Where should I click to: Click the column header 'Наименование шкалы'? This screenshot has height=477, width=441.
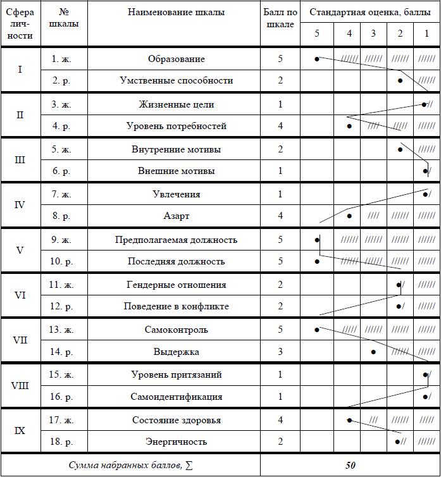(x=176, y=12)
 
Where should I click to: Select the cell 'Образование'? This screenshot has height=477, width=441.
(x=176, y=59)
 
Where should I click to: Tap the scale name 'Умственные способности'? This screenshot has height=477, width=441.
(x=176, y=80)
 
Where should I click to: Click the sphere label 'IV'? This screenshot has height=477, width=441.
(x=20, y=205)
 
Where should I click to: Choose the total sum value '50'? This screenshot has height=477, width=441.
(x=350, y=465)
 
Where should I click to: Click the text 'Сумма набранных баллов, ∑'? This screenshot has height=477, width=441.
(x=131, y=465)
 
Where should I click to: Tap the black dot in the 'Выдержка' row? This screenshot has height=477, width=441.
(x=373, y=351)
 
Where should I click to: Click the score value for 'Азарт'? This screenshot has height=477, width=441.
(x=280, y=216)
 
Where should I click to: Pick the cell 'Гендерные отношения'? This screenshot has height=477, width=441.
(x=176, y=285)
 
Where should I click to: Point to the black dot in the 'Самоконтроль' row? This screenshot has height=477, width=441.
(x=317, y=329)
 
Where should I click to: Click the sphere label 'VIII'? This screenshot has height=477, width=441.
(x=20, y=386)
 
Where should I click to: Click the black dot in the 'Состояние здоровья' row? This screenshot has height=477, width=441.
(x=349, y=419)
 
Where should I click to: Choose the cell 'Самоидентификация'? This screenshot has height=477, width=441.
(x=176, y=397)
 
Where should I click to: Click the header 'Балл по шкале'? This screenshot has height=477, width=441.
(x=280, y=18)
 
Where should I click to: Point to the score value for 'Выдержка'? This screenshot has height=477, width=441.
(x=280, y=351)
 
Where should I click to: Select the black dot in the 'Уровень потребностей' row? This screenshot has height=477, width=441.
(x=349, y=126)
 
